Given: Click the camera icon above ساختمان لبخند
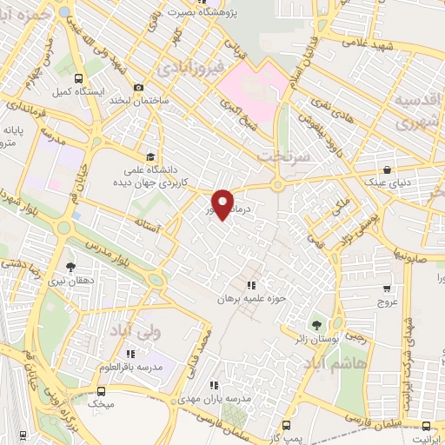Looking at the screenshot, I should pyautogui.click(x=138, y=87).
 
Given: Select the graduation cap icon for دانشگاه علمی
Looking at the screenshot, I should pyautogui.click(x=152, y=156).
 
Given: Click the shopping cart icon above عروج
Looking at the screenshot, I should pyautogui.click(x=387, y=289).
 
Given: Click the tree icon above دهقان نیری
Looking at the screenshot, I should pyautogui.click(x=70, y=267).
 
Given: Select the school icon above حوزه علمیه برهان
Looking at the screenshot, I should pyautogui.click(x=251, y=284).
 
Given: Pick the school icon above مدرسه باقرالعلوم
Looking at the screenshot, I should pyautogui.click(x=130, y=354).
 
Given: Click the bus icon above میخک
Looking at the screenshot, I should pyautogui.click(x=93, y=392).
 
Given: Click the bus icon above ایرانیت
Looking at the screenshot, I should pyautogui.click(x=425, y=425).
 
